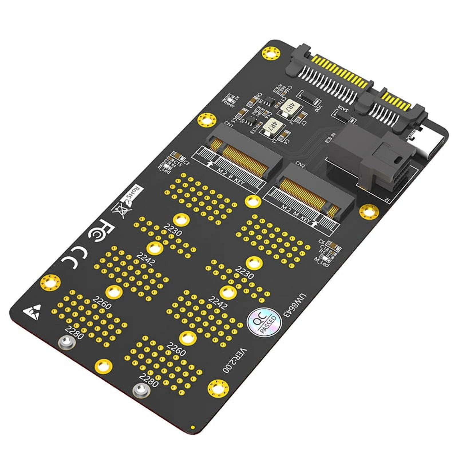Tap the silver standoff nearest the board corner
tap(66, 342)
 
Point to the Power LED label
tap(228, 103)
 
